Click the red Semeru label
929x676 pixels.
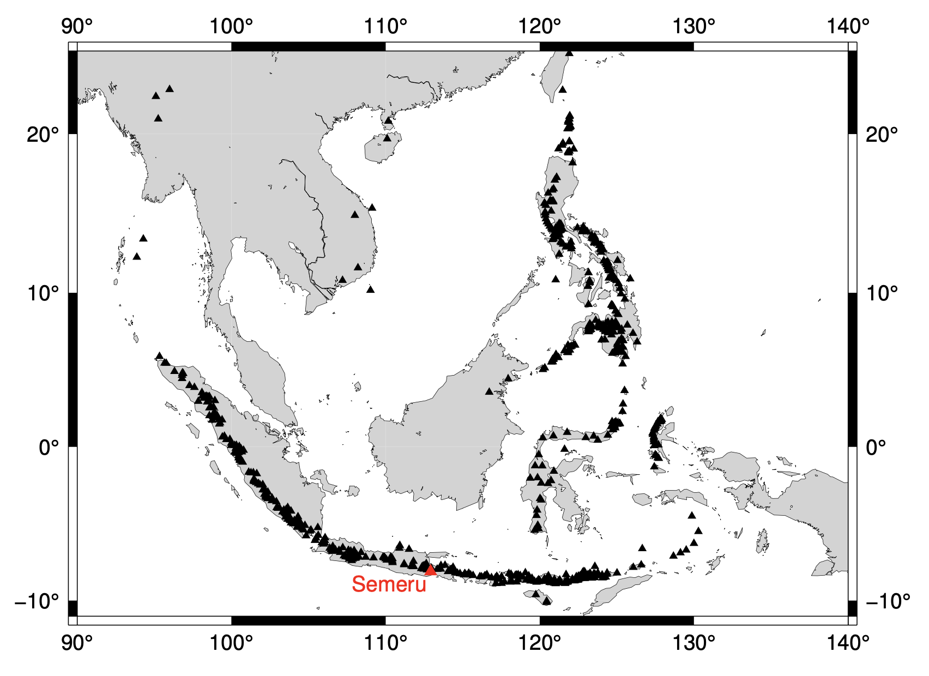pyautogui.click(x=389, y=584)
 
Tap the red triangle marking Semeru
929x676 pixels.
pyautogui.click(x=431, y=570)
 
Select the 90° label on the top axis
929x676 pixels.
pyautogui.click(x=77, y=26)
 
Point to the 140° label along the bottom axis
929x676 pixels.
pyautogui.click(x=847, y=643)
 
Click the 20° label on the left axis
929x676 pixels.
pyautogui.click(x=43, y=134)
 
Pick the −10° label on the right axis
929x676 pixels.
pyautogui.click(x=887, y=601)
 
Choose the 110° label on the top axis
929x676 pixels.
pyautogui.click(x=385, y=26)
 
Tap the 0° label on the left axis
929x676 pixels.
pyautogui.click(x=49, y=448)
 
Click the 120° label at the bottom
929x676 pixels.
pyautogui.click(x=540, y=643)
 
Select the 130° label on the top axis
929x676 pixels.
pyautogui.click(x=693, y=26)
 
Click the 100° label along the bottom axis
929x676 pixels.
pyautogui.click(x=231, y=643)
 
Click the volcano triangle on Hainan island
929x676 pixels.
pyautogui.click(x=387, y=138)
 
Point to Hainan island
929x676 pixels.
pyautogui.click(x=380, y=147)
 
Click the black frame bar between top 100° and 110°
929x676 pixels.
pyautogui.click(x=309, y=46)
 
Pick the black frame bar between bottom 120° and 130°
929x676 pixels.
pyautogui.click(x=617, y=620)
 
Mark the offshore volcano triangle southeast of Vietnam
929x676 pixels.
pyautogui.click(x=371, y=289)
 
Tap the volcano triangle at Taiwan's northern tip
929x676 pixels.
pyautogui.click(x=569, y=53)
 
